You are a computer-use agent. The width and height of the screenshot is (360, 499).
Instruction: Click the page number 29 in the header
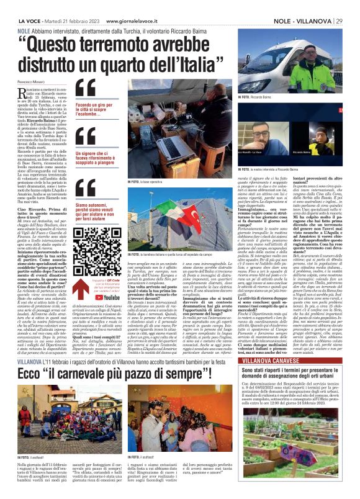(x=349, y=5)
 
